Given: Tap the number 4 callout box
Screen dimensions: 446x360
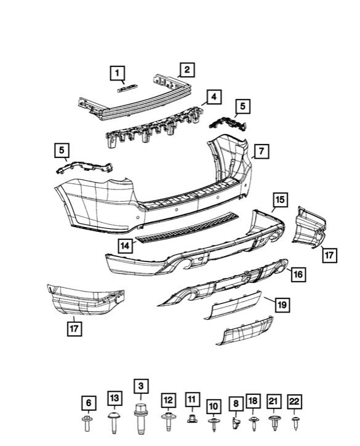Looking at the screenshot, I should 213,97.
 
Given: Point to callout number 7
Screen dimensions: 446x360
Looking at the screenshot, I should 260,150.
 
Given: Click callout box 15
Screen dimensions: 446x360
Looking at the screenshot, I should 279,199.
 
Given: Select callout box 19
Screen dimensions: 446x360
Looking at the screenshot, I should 282,304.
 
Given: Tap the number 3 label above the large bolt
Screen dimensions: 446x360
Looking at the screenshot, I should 140,386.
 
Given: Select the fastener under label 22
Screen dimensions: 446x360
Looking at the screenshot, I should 295,421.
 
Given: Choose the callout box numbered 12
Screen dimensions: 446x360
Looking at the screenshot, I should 167,400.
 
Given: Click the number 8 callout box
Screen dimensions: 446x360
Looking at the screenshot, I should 234,404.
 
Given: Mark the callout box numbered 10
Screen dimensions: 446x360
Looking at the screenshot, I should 214,406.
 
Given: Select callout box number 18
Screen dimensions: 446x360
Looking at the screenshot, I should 253,401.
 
